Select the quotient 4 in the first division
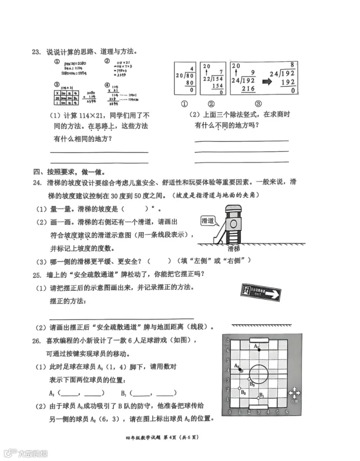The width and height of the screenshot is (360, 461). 192,69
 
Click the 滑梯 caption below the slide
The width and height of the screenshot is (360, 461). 235,247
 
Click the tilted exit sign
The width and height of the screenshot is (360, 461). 259,292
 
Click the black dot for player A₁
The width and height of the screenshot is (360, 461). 258,349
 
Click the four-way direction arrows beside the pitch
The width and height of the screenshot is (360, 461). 294,394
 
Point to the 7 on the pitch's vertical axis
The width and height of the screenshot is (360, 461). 227,341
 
